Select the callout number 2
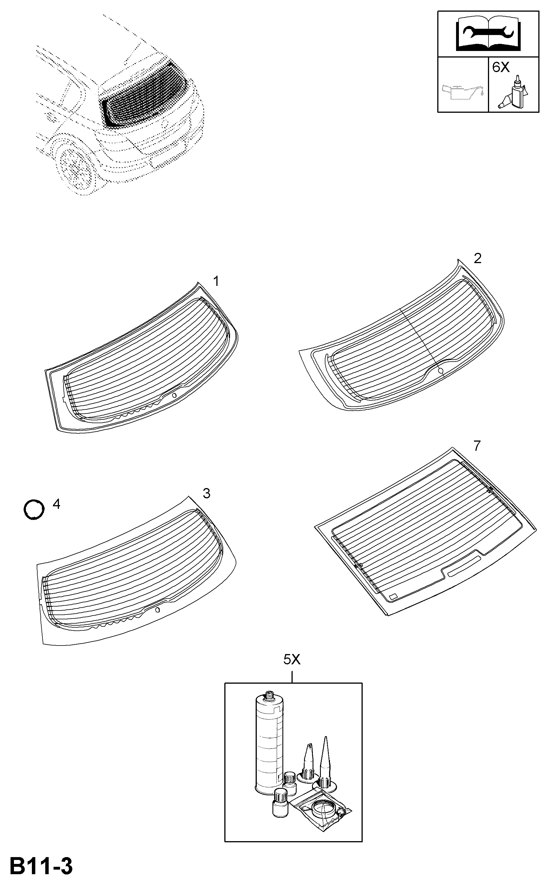(x=478, y=258)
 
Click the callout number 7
(x=477, y=446)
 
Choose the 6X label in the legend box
(x=501, y=67)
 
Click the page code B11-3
(x=41, y=867)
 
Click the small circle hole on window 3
(x=157, y=610)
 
